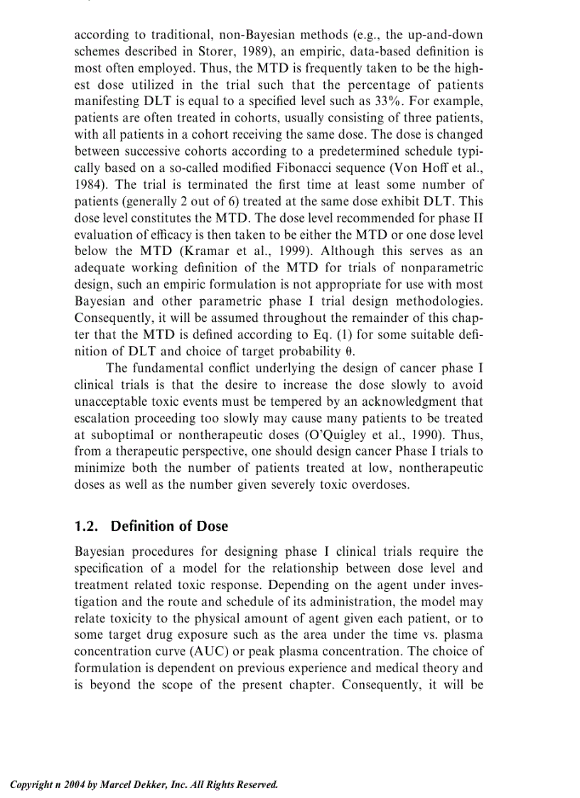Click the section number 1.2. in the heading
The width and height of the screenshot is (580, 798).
(89, 527)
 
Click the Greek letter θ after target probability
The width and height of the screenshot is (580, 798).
(350, 350)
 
